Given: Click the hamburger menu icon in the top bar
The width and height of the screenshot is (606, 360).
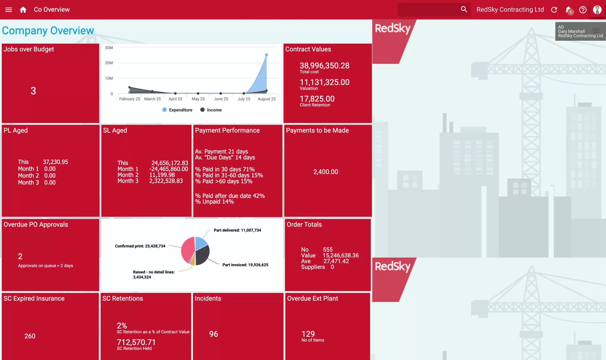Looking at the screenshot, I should [9, 10].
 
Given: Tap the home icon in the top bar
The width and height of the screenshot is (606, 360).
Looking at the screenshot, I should [23, 10].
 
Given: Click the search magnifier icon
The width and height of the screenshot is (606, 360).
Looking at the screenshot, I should [464, 9].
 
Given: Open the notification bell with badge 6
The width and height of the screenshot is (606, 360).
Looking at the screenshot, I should [569, 10].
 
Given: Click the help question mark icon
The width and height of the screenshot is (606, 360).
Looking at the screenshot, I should [583, 10].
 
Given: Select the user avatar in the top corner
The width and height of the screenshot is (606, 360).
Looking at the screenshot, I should [597, 10].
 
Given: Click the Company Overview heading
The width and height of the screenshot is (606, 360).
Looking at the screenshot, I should [48, 31].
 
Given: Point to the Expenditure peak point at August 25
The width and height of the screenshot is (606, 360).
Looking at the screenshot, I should [266, 55].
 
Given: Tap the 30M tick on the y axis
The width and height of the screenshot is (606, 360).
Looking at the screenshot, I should [109, 48].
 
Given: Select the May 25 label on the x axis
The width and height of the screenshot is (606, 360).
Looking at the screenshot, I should [198, 99].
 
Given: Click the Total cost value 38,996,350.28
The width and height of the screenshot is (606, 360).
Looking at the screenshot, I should [324, 66].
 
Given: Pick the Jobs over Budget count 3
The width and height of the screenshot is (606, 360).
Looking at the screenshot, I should [33, 91].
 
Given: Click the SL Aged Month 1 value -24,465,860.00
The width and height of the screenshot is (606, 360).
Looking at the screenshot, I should [169, 169].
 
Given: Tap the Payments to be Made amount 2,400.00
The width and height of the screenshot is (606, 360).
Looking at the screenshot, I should [326, 172].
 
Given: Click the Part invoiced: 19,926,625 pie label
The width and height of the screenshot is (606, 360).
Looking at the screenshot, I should [245, 265].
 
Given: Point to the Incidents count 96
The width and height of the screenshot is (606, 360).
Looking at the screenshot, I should [214, 334].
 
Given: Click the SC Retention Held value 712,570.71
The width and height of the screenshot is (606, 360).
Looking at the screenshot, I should [136, 342].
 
